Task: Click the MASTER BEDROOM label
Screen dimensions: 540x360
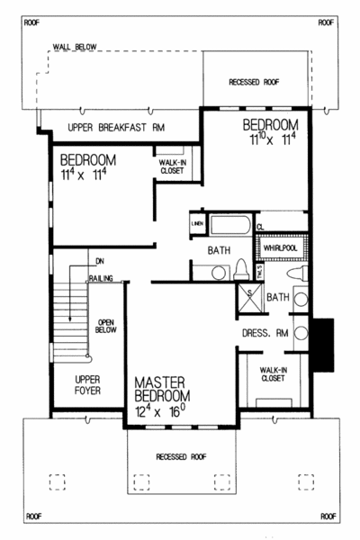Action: (x=162, y=388)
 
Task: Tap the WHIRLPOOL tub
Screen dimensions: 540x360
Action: (x=280, y=245)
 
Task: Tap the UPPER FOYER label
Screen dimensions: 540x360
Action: (x=88, y=386)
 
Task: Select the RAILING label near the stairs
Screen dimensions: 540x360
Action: (x=101, y=280)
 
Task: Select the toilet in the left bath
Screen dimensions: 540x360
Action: (x=241, y=267)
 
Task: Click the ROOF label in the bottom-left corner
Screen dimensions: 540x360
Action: (x=33, y=517)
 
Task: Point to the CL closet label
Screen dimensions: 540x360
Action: (x=258, y=227)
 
